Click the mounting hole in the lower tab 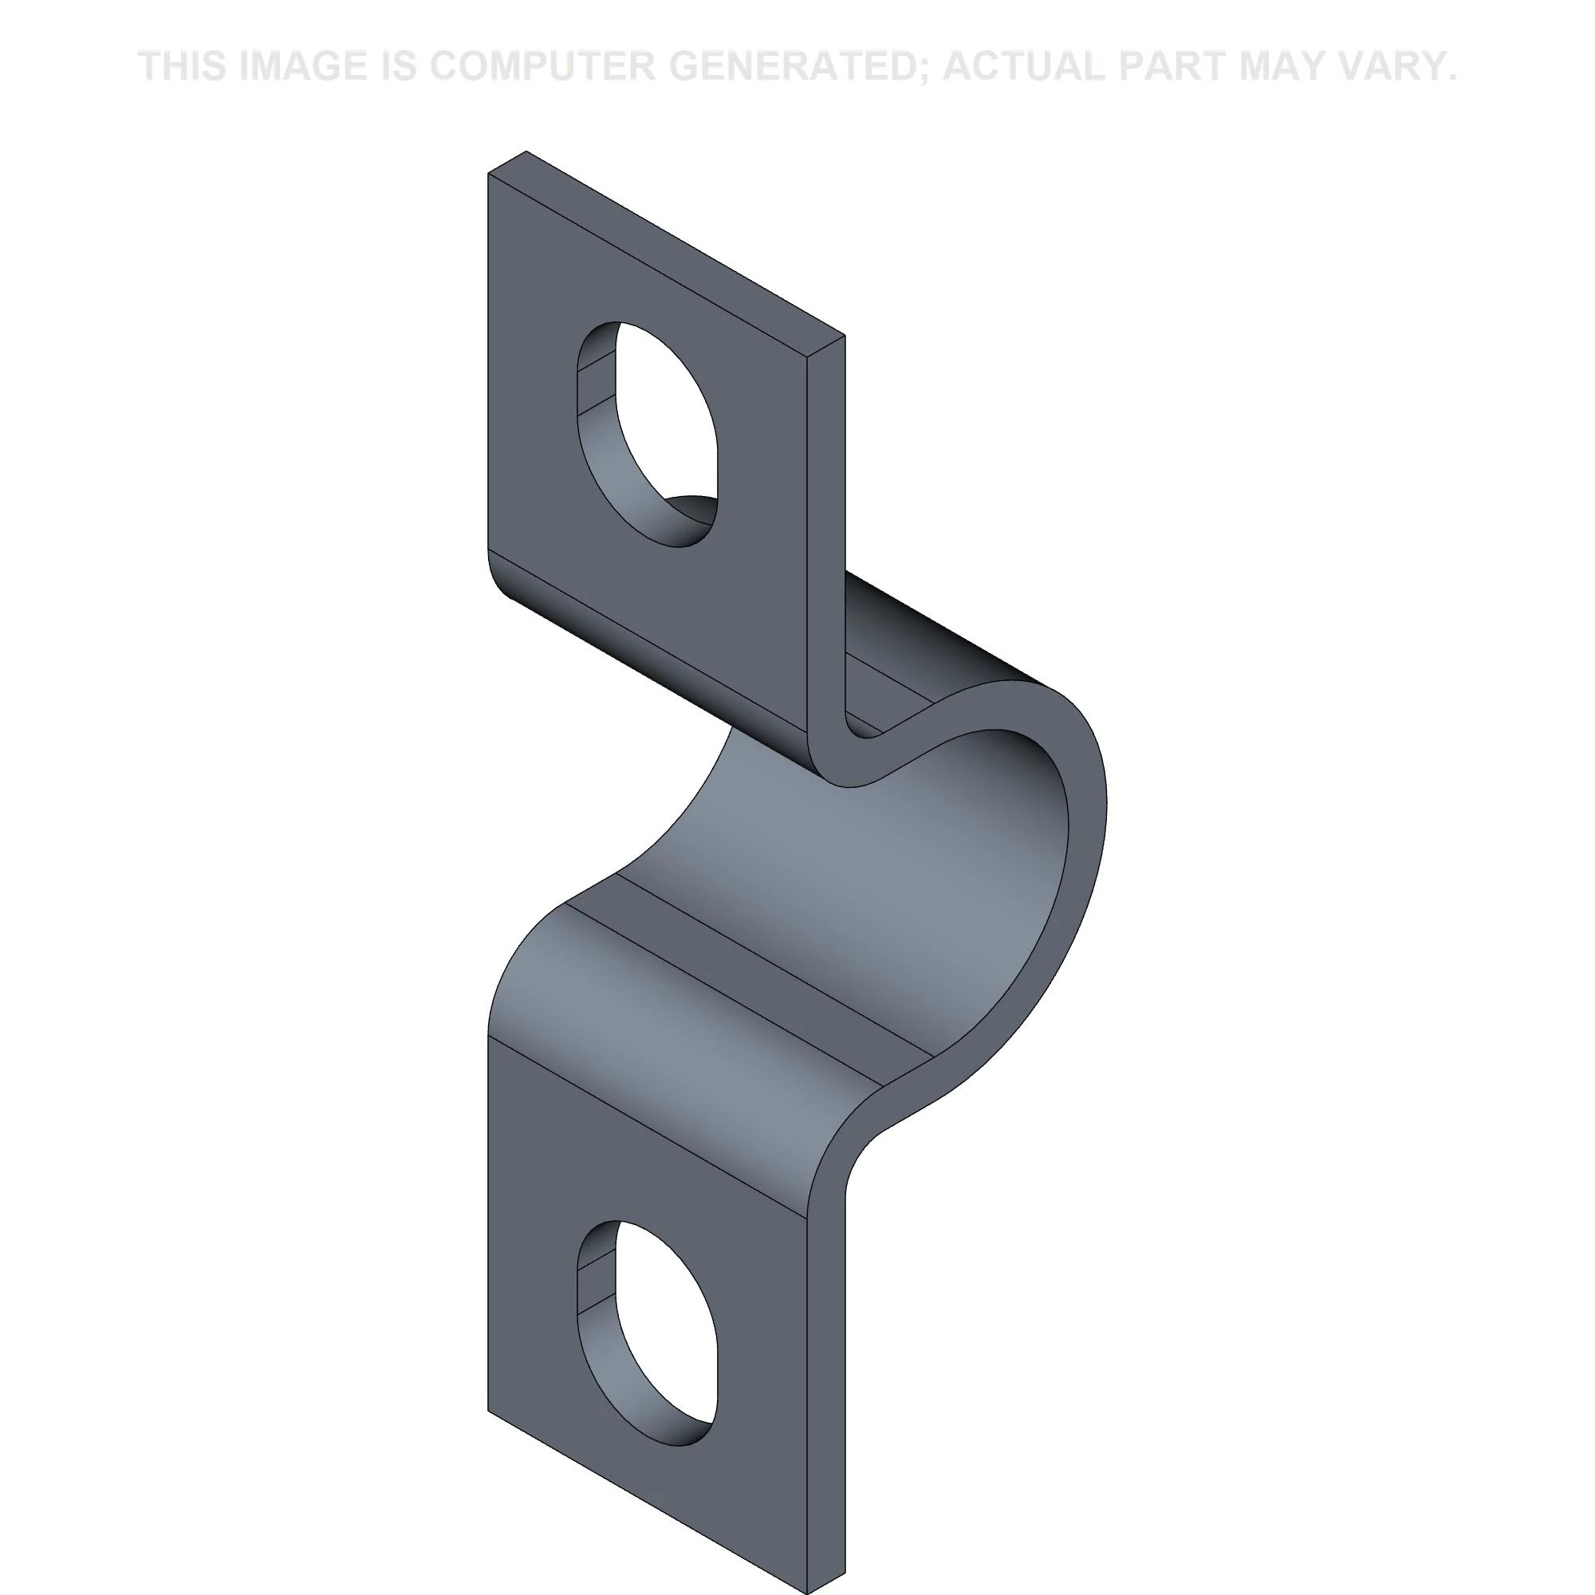pyautogui.click(x=647, y=1333)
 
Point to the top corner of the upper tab pyautogui.click(x=526, y=152)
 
